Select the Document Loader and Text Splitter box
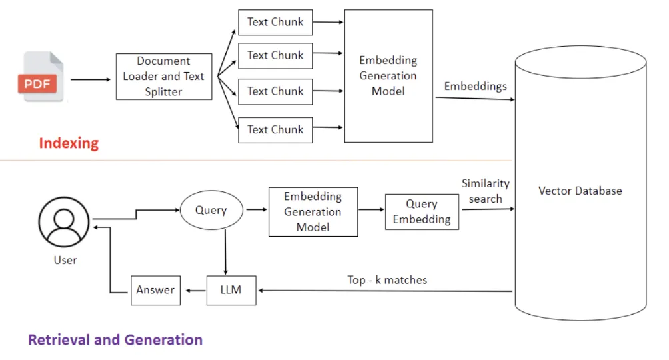pyautogui.click(x=163, y=77)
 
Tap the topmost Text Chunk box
pyautogui.click(x=275, y=22)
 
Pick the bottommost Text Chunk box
pyautogui.click(x=275, y=129)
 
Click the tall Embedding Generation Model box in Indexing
pyautogui.click(x=388, y=75)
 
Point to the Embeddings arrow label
pyautogui.click(x=475, y=86)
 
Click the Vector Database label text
pyautogui.click(x=580, y=191)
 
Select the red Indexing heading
pyautogui.click(x=69, y=143)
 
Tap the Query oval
pyautogui.click(x=211, y=210)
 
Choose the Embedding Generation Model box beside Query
pyautogui.click(x=313, y=212)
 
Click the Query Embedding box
pyautogui.click(x=422, y=212)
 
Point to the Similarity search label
pyautogui.click(x=485, y=191)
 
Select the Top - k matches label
pyautogui.click(x=387, y=280)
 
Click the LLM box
pyautogui.click(x=231, y=290)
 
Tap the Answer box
pyautogui.click(x=155, y=290)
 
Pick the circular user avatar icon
pyautogui.click(x=65, y=223)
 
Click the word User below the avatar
pyautogui.click(x=65, y=260)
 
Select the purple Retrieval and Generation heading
pyautogui.click(x=115, y=340)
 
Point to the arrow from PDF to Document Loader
pyautogui.click(x=91, y=79)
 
